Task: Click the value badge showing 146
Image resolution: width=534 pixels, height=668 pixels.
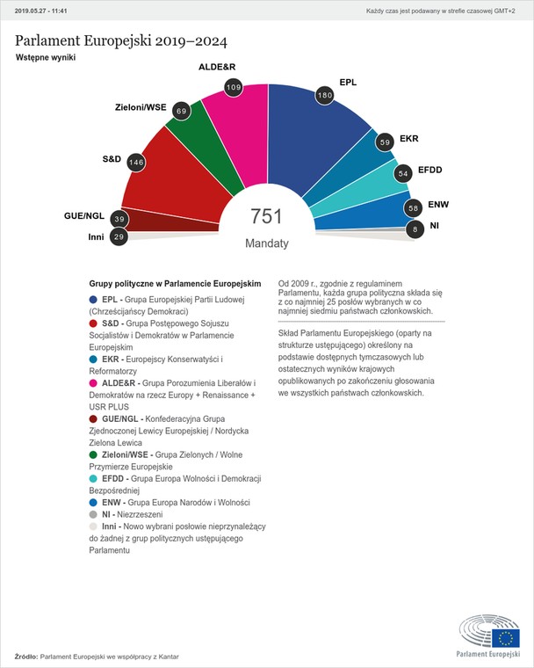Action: (136, 162)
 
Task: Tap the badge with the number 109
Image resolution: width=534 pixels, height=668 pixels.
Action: (234, 87)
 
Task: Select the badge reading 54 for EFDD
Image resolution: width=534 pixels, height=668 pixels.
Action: (403, 174)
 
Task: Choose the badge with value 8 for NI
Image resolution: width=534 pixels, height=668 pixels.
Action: (415, 229)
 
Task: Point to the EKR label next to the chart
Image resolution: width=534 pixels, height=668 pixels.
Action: (409, 139)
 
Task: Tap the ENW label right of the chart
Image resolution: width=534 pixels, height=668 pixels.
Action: (438, 205)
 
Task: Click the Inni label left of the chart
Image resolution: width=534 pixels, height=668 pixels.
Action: (97, 236)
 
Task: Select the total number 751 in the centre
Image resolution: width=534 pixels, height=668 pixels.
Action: (267, 216)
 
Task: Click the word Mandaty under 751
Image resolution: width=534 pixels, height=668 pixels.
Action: (267, 243)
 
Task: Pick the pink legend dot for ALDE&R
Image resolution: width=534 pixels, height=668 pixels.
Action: (94, 384)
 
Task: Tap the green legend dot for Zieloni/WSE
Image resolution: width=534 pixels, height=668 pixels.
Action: (94, 454)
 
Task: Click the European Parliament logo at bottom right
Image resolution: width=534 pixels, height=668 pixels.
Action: (489, 636)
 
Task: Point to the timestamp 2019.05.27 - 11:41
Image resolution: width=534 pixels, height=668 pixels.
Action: (41, 11)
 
